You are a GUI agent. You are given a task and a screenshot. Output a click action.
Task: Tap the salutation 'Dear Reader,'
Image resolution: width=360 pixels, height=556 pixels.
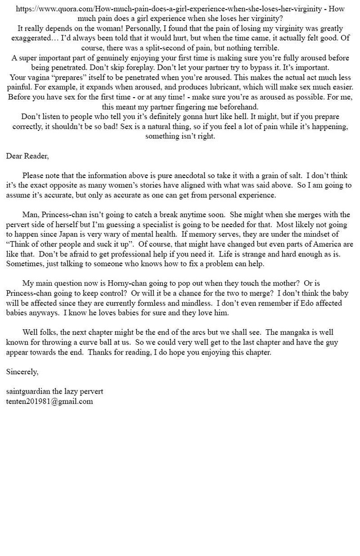click(x=27, y=156)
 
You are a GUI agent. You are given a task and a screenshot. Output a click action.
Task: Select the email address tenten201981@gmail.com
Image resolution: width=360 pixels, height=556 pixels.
click(x=49, y=401)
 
